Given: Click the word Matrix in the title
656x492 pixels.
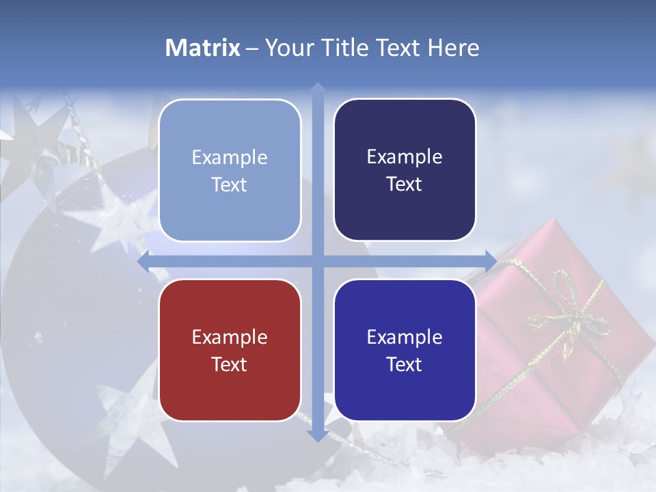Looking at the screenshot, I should point(203,48).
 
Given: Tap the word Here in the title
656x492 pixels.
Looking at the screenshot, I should point(453,48).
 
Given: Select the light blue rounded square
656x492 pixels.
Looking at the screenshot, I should point(230,170).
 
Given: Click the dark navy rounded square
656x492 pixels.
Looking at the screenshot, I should point(405,170).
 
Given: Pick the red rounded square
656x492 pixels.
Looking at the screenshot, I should point(230,350).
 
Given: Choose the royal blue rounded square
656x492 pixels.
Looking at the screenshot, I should point(405,350).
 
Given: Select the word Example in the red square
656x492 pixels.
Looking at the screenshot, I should point(230,337).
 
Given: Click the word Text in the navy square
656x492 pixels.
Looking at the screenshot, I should point(405,184).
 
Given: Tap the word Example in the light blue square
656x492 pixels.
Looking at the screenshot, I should point(230,157).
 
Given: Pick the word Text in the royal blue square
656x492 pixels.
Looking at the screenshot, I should point(405,364).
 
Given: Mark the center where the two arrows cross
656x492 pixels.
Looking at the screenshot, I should point(317,261).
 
